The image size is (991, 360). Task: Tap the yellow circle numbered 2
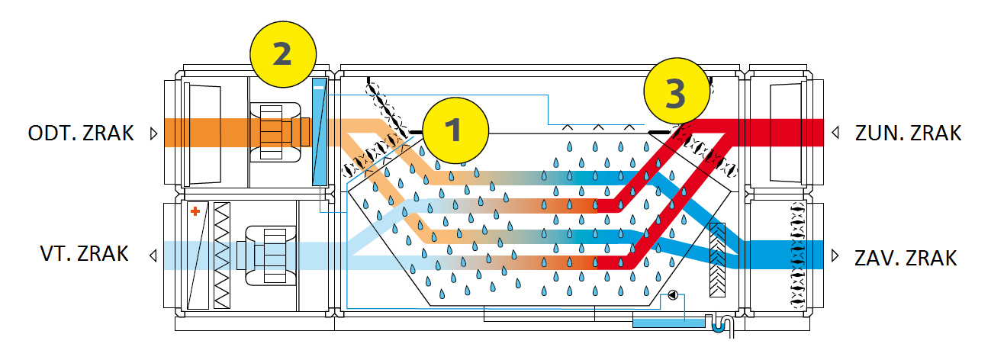tap(283, 53)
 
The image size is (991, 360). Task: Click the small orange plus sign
tap(195, 211)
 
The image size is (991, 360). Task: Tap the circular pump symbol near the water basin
tap(672, 294)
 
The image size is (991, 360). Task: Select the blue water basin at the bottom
tap(670, 323)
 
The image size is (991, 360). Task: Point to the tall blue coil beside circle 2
tap(319, 130)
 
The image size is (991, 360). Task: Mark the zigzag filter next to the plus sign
tap(222, 255)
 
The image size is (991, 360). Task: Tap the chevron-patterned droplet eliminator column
tap(719, 260)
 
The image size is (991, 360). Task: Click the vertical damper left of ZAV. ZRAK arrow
tap(797, 255)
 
